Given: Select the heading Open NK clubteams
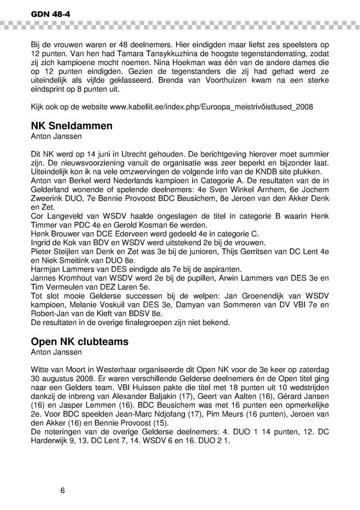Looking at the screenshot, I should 80,341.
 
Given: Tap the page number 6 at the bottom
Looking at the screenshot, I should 63,490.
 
